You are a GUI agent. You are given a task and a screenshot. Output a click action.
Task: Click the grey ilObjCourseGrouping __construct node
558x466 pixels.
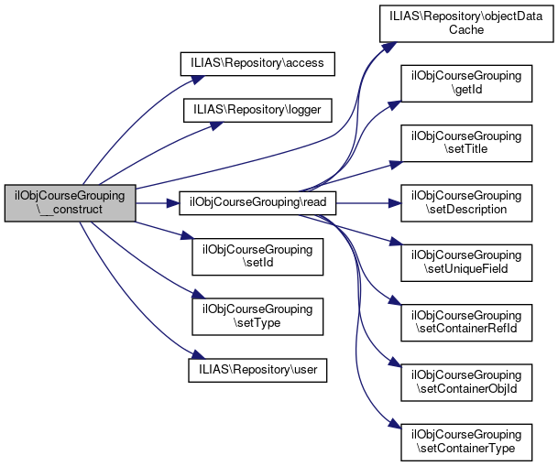point(71,202)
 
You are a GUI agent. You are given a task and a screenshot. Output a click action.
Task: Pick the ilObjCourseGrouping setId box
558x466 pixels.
point(257,257)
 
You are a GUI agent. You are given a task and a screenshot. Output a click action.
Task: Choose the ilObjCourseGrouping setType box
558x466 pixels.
point(257,314)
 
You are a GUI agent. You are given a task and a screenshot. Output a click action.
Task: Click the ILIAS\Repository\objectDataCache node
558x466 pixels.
point(466,22)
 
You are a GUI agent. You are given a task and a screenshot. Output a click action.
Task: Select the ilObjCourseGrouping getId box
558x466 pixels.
point(466,84)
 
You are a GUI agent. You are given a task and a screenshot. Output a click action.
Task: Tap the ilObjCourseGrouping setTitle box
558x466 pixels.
point(466,143)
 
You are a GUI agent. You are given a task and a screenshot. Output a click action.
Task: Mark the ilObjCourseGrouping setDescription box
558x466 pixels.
point(466,202)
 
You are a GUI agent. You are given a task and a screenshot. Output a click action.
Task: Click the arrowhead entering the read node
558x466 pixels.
point(174,202)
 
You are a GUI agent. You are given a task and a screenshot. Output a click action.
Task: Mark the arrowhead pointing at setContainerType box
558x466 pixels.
point(396,428)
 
